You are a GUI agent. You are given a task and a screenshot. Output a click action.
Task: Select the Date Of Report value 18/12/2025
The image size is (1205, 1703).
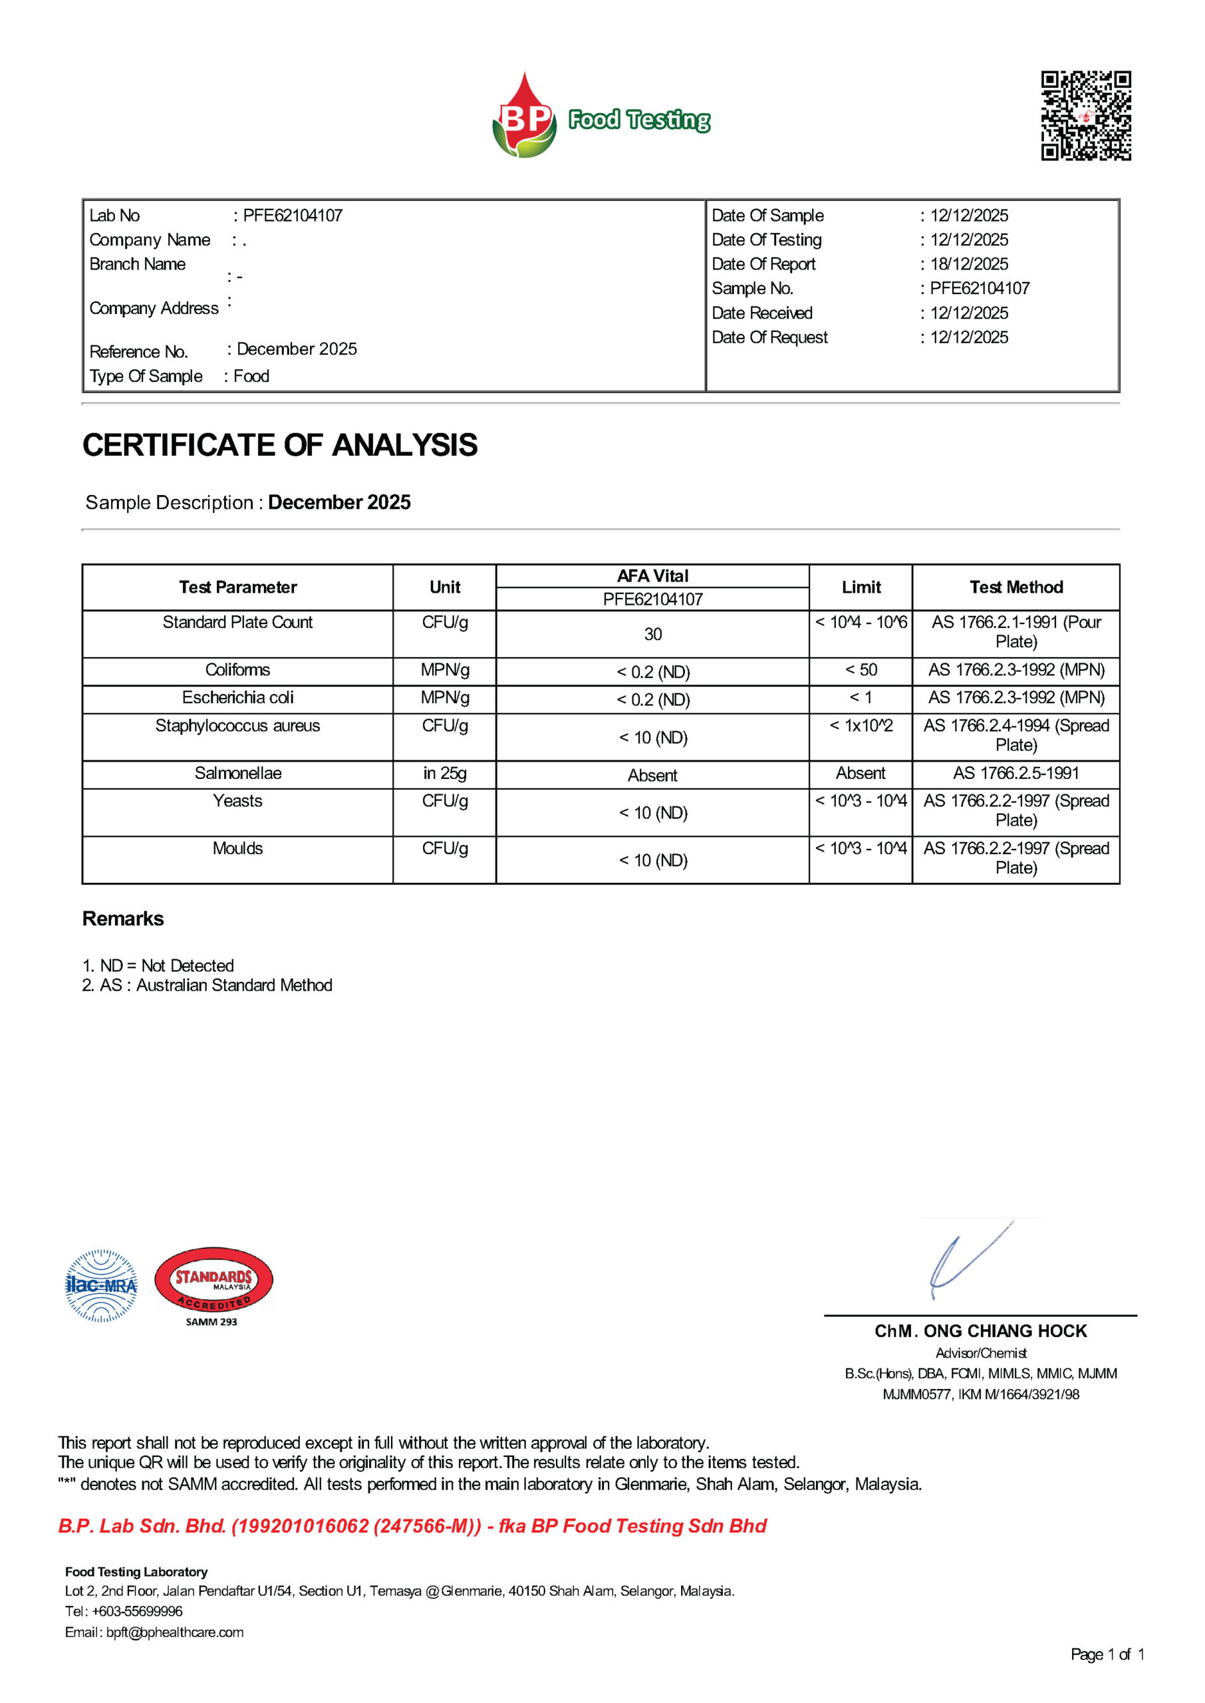[x=969, y=264]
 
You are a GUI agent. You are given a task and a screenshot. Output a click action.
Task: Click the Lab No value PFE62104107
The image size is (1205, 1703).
[x=293, y=216]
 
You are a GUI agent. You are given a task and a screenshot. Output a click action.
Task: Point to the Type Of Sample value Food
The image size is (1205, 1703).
[x=251, y=377]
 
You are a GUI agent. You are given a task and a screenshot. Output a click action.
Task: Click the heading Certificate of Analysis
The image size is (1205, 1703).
[x=280, y=445]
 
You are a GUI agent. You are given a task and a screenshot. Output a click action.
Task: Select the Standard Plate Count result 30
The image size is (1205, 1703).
[x=652, y=635]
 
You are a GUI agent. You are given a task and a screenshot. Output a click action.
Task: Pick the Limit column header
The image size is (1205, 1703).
[x=861, y=587]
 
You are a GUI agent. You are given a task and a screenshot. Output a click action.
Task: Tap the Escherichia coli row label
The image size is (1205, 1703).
[x=237, y=698]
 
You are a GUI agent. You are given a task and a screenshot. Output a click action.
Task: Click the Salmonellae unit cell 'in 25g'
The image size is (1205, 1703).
[x=444, y=773]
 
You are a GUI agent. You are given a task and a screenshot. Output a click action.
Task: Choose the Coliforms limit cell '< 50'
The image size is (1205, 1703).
[x=861, y=670]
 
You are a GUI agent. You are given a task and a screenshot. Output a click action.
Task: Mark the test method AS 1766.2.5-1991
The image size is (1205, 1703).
[x=1015, y=773]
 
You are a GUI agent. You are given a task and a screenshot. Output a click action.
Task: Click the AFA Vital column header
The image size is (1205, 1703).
[x=652, y=576]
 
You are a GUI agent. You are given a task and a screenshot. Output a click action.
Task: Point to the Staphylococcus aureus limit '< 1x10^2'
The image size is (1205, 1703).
[x=861, y=726]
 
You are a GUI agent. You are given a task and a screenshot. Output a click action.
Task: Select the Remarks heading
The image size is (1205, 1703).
[x=123, y=919]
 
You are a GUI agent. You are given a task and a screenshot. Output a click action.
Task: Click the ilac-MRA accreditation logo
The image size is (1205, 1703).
[x=101, y=1286]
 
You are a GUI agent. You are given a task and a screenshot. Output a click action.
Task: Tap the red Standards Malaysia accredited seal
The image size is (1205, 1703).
[x=213, y=1281]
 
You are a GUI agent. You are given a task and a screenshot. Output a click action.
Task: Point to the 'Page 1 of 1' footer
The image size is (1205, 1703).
[x=1107, y=1654]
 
